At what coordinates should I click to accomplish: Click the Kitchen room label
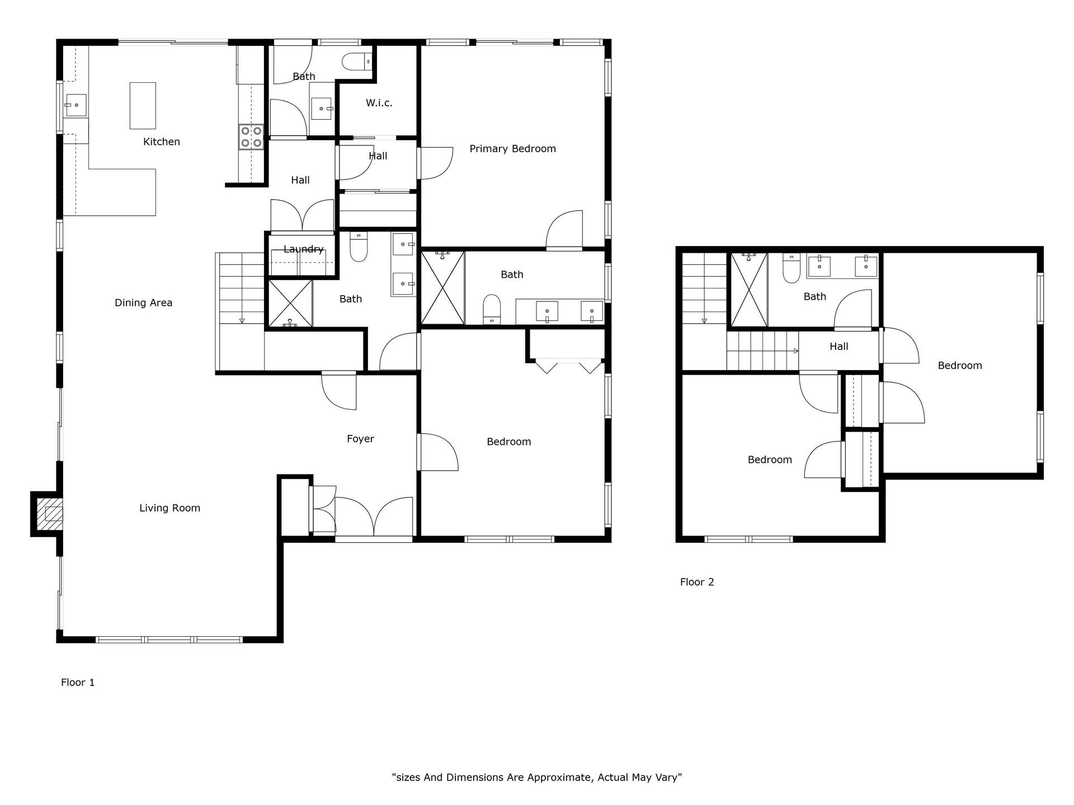click(x=162, y=142)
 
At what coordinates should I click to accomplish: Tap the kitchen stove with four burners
click(x=251, y=137)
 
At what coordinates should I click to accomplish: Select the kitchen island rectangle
click(x=143, y=106)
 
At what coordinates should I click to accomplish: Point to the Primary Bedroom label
click(x=513, y=149)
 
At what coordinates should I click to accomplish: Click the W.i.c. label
click(x=379, y=103)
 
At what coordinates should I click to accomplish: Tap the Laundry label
click(x=304, y=249)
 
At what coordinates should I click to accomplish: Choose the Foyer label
click(x=360, y=439)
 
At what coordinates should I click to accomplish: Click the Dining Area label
click(x=143, y=303)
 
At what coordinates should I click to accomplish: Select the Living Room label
click(x=169, y=508)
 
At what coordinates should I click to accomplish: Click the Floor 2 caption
click(x=697, y=582)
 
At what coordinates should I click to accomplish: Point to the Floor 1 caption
click(x=78, y=683)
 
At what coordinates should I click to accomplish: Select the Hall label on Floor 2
click(x=839, y=347)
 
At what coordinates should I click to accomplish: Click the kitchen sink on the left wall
click(x=76, y=105)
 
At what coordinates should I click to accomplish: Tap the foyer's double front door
click(x=374, y=517)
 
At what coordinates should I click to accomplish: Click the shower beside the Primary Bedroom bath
click(x=442, y=288)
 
